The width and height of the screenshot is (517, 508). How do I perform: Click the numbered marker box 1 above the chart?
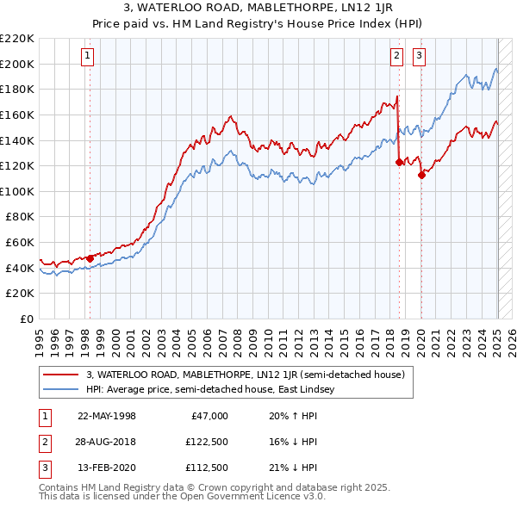click(89, 57)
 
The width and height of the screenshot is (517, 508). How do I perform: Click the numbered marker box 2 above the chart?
click(396, 57)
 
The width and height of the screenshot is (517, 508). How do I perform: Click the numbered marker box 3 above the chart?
click(419, 57)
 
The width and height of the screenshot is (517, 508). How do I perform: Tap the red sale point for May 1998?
click(90, 258)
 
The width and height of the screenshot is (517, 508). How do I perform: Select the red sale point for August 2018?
click(399, 162)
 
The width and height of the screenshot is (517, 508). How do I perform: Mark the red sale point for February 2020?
click(421, 175)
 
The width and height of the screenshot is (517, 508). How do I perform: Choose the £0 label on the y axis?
click(28, 319)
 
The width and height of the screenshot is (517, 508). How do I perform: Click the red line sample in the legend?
click(61, 375)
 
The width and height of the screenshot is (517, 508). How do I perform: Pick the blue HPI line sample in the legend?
click(61, 389)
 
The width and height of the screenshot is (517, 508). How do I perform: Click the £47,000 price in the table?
click(208, 416)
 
